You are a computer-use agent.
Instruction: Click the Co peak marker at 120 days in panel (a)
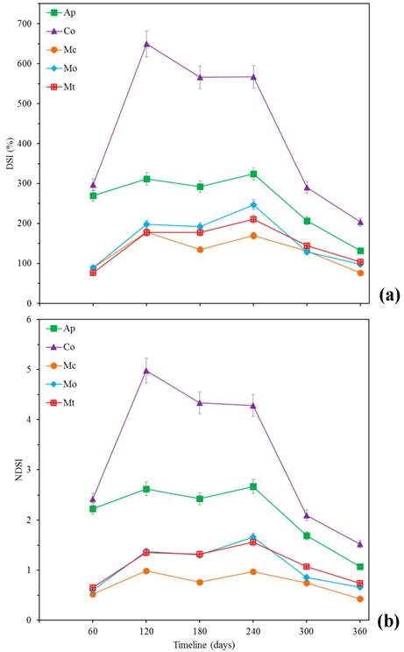[x=146, y=44]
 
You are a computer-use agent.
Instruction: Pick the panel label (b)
[x=388, y=622]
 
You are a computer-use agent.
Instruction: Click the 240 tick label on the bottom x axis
[x=253, y=630]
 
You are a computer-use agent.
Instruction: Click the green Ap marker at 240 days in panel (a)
[x=253, y=174]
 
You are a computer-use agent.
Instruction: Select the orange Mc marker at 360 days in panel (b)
[x=360, y=599]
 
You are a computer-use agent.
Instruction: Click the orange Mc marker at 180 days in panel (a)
[x=200, y=250]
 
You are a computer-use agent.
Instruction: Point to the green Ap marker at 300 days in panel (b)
[x=307, y=535]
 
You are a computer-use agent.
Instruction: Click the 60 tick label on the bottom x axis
[x=93, y=630]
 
